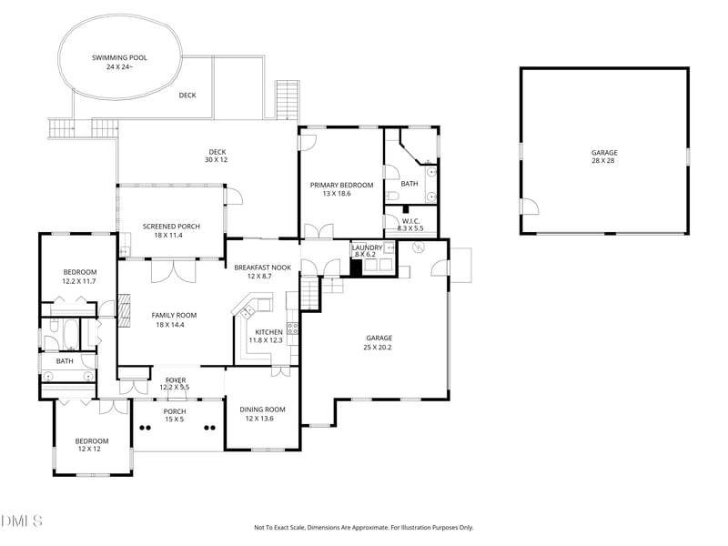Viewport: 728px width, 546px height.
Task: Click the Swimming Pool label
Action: tap(119, 57)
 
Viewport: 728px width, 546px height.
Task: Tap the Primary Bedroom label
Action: tap(342, 185)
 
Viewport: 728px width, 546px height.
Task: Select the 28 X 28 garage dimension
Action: tap(603, 161)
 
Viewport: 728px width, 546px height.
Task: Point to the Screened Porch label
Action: tap(171, 226)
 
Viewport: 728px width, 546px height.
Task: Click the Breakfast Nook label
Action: tap(263, 268)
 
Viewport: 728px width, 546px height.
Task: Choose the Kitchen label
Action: tap(268, 332)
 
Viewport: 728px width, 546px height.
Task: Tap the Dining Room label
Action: tap(262, 409)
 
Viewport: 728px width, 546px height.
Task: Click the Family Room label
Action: tap(174, 315)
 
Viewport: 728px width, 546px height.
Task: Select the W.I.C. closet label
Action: tap(411, 221)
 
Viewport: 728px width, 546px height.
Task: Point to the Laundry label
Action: tap(367, 248)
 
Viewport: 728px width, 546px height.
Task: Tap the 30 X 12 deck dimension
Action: tap(217, 160)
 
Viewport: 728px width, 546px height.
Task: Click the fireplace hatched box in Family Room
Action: tap(125, 309)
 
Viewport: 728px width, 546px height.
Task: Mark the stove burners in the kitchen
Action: tap(292, 329)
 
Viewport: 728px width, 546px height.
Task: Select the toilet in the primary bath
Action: tap(392, 196)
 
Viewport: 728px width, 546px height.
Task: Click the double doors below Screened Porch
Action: tap(174, 271)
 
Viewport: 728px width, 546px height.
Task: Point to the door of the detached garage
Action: tap(530, 207)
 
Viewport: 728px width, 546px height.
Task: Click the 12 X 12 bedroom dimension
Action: tap(89, 449)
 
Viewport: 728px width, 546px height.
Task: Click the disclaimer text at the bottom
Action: tap(363, 528)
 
